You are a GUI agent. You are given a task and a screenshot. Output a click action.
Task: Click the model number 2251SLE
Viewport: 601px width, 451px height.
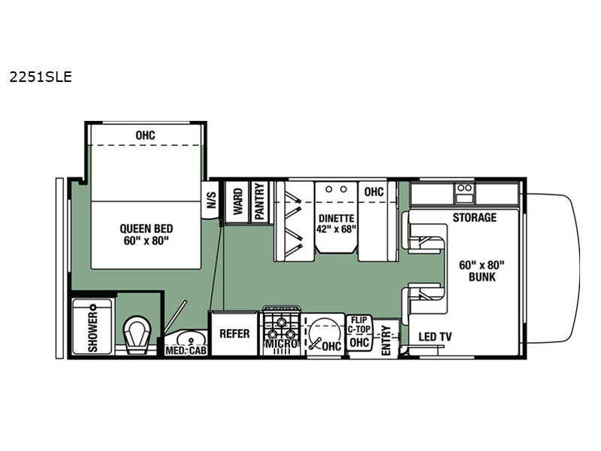click(x=41, y=77)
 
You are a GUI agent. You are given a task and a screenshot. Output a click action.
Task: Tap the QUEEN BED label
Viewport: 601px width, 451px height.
click(x=146, y=229)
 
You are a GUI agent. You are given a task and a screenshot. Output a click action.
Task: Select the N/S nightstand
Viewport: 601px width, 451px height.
click(x=211, y=200)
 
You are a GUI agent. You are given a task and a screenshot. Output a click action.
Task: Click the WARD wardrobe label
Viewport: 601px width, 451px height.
click(x=237, y=201)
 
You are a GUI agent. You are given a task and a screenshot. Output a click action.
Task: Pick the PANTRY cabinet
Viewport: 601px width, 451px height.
click(x=259, y=201)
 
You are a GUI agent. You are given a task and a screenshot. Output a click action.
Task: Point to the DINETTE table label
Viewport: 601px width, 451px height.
click(x=336, y=218)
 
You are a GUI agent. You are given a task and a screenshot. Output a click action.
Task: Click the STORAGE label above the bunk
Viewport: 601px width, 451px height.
click(x=475, y=217)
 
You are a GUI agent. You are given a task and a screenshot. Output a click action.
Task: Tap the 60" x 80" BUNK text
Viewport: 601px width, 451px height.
click(x=482, y=271)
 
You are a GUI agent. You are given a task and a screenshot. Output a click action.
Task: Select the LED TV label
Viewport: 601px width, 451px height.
click(x=435, y=337)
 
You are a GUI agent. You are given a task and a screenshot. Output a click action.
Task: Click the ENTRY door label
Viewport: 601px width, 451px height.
click(x=386, y=341)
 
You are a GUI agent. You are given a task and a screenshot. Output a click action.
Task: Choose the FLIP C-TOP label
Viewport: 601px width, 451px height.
click(x=359, y=325)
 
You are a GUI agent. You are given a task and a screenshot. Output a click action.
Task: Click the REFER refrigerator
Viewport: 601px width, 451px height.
click(x=234, y=334)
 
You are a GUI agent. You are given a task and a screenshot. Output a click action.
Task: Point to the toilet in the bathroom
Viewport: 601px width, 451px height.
click(x=137, y=334)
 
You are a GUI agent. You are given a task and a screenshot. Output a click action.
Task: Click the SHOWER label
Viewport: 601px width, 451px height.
click(x=92, y=331)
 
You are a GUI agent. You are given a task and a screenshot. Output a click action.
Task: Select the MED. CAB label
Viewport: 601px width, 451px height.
click(x=186, y=350)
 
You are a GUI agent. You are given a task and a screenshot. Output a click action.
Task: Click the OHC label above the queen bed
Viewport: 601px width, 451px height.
click(x=145, y=135)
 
